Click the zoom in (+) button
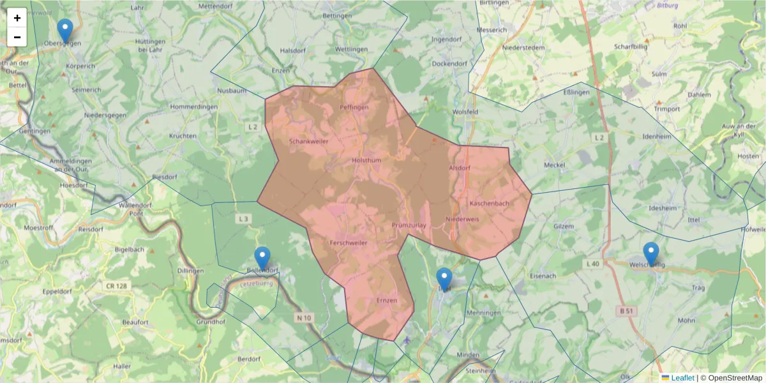(17, 18)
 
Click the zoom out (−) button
(17, 37)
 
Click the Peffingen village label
(354, 107)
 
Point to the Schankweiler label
(308, 141)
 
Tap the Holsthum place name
(366, 161)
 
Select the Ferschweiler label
(349, 243)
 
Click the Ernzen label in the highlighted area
(387, 300)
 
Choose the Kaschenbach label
(489, 204)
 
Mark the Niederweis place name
(462, 219)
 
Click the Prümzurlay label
(409, 225)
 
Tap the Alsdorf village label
(460, 168)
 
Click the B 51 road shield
(627, 311)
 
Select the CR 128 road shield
(117, 286)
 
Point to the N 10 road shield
(303, 318)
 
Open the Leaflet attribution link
(682, 378)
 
